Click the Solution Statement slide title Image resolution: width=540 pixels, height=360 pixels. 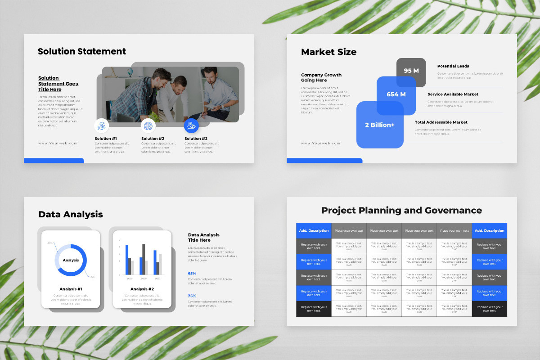click(x=82, y=51)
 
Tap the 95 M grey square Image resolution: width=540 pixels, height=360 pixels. click(x=411, y=71)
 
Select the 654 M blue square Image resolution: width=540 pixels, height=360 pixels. click(x=396, y=94)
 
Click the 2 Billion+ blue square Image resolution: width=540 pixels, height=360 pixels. click(x=379, y=125)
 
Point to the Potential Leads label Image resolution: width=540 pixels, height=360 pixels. click(x=453, y=66)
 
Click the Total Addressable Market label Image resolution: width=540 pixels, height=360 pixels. click(x=441, y=122)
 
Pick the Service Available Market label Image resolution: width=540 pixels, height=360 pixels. click(x=453, y=94)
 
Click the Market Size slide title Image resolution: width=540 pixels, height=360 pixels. click(x=328, y=52)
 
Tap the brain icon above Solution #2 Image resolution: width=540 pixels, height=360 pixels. click(x=148, y=126)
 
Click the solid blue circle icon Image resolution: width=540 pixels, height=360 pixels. click(x=191, y=126)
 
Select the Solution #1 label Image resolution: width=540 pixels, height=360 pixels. click(x=106, y=139)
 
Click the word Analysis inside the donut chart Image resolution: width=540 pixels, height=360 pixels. click(x=71, y=260)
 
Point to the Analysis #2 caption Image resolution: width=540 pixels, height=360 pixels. click(x=142, y=289)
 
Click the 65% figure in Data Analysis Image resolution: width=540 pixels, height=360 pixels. click(x=192, y=273)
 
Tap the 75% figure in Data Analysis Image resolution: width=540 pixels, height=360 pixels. click(x=192, y=296)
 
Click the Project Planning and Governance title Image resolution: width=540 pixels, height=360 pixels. click(x=401, y=210)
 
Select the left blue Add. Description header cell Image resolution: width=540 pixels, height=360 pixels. click(x=314, y=231)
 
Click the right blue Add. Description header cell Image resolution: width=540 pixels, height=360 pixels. click(x=489, y=231)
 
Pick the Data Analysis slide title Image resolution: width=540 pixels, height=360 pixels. click(x=71, y=215)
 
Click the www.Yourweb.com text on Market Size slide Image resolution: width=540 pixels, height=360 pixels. click(x=320, y=143)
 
